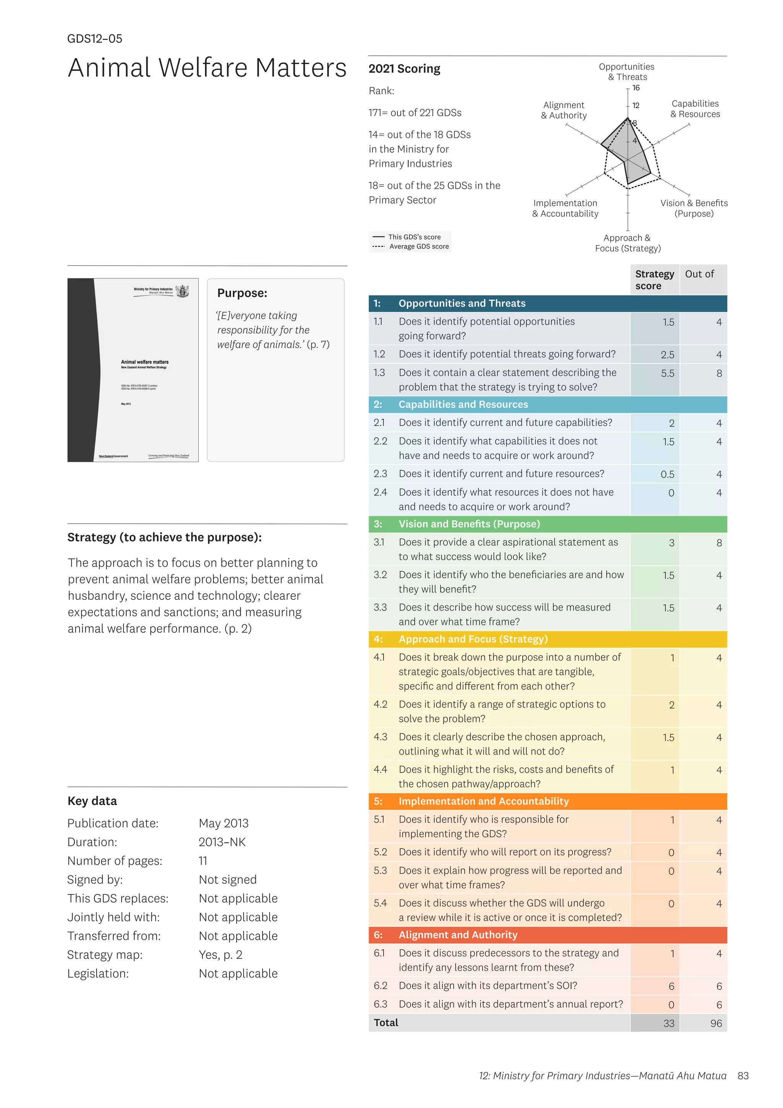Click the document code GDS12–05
(x=94, y=39)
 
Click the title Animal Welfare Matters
(x=207, y=68)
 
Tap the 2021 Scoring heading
(x=404, y=68)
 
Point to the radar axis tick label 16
(x=636, y=88)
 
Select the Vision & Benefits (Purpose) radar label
(x=694, y=209)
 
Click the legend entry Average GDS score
(x=419, y=247)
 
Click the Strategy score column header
(x=654, y=280)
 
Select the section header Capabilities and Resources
(x=463, y=404)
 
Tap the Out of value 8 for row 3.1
(x=718, y=543)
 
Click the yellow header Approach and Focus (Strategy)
(x=473, y=639)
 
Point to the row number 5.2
(x=380, y=852)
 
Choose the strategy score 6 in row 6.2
(x=671, y=986)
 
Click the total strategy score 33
(x=668, y=1023)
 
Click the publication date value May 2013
(x=223, y=823)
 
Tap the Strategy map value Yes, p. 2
(x=220, y=955)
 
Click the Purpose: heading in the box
(x=242, y=293)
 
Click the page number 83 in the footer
(x=742, y=1075)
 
